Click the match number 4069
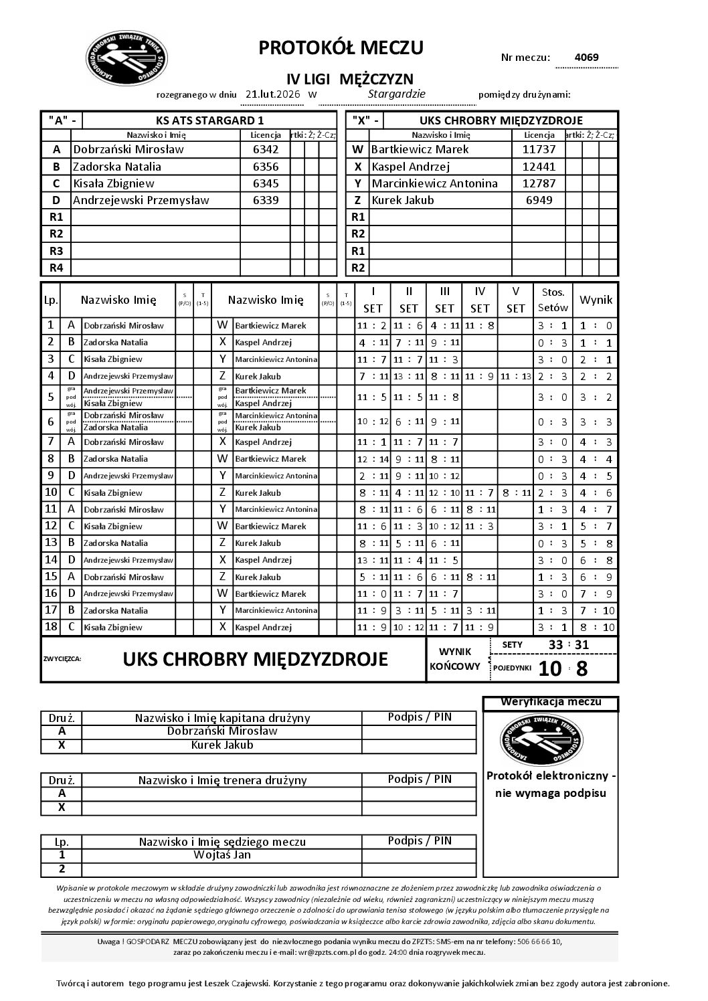[587, 57]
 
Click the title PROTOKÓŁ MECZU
[341, 48]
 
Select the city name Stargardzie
[397, 94]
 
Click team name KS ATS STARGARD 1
[209, 120]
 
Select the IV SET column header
[480, 300]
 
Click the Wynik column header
[596, 300]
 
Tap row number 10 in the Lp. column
[50, 492]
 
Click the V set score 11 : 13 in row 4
[515, 376]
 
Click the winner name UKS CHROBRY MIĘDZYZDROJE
[255, 659]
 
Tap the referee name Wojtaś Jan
[222, 855]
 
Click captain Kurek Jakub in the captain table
[222, 745]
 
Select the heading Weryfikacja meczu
[550, 702]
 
